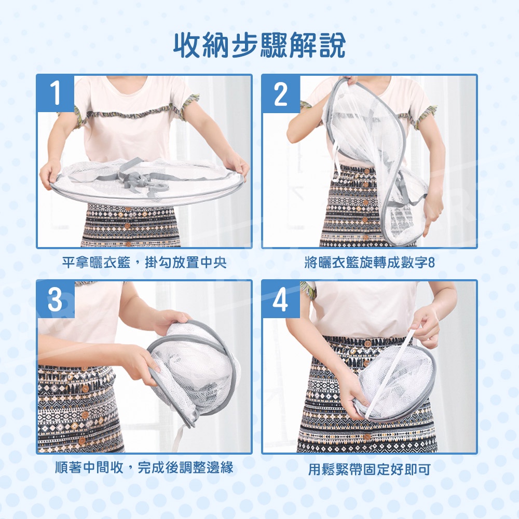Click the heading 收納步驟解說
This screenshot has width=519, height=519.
tap(259, 45)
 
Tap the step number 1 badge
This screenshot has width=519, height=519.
tap(56, 93)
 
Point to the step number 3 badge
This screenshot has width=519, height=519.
tap(56, 299)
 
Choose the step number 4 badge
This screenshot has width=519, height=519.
tap(281, 299)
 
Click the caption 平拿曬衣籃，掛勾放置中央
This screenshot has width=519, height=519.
tap(144, 263)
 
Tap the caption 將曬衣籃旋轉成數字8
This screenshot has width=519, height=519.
tap(370, 263)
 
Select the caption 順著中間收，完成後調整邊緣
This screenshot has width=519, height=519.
tap(144, 468)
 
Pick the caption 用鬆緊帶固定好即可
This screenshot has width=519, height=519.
tap(370, 469)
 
